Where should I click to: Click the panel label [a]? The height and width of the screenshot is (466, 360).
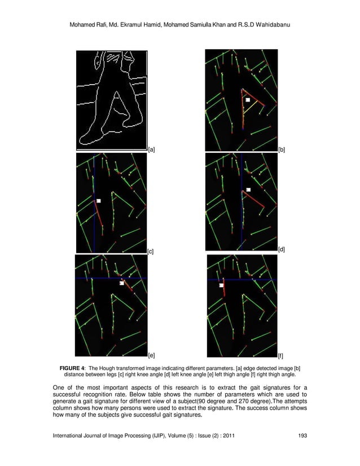pos(151,150)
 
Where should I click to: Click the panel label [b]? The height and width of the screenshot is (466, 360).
pos(282,150)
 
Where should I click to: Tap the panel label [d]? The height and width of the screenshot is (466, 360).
pos(282,249)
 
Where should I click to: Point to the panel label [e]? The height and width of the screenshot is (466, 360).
pos(151,356)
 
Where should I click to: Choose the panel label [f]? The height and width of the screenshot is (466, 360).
pos(281,356)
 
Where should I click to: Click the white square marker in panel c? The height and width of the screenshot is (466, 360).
pos(99,201)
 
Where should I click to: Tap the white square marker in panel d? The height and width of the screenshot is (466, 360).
pos(248,190)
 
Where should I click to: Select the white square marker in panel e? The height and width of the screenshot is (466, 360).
pos(121,283)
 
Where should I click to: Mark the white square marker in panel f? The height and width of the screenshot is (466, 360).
pos(222,285)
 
